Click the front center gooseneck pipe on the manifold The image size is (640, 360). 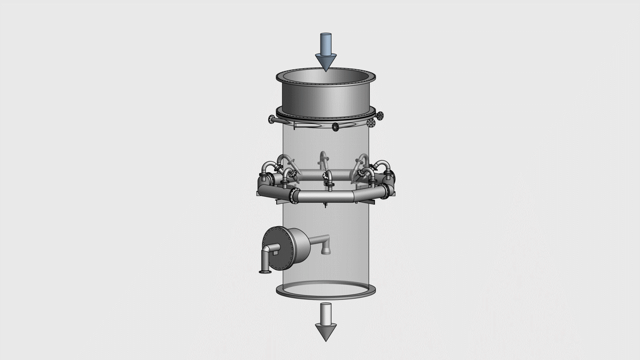point(330,179)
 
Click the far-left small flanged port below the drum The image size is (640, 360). point(271,118)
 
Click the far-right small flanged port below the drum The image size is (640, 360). point(380,115)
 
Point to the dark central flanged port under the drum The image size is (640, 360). point(335,126)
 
